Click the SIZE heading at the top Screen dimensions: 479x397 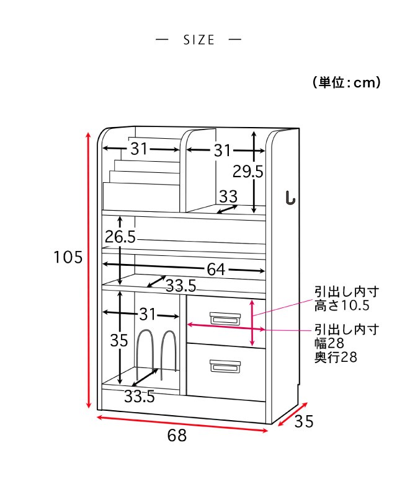point(198,40)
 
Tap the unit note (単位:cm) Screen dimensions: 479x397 point(346,82)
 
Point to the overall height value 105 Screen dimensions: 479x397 point(68,257)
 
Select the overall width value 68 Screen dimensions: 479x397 point(177,436)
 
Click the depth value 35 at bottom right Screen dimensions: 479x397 point(304,421)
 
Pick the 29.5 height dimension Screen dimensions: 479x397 point(248,171)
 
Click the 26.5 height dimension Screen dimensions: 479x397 point(120,237)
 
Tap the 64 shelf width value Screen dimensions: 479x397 point(215,270)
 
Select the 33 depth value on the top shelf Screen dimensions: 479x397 point(228,197)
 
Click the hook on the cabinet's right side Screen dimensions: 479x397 point(290,198)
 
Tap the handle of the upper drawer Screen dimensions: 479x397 point(223,319)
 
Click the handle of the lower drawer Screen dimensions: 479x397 point(223,367)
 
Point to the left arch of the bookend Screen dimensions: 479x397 point(145,353)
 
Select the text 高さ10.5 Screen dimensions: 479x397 point(342,305)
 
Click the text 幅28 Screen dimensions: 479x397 point(329,343)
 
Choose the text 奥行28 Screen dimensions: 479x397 point(336,357)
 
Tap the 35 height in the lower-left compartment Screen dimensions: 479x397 point(118,340)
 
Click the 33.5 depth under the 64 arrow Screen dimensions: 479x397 point(181,286)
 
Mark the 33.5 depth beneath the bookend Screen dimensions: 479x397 point(139,397)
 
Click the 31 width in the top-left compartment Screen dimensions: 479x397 point(139,149)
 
